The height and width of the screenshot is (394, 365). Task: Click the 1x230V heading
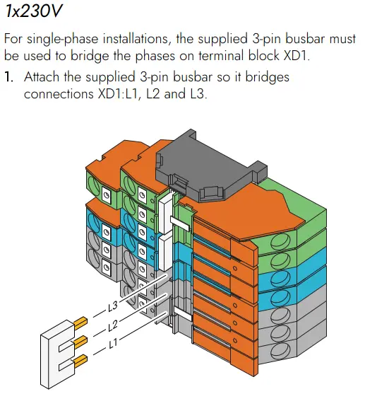pyautogui.click(x=34, y=11)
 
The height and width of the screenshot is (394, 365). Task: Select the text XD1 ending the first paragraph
pyautogui.click(x=295, y=56)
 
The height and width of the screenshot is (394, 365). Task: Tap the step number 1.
pyautogui.click(x=8, y=77)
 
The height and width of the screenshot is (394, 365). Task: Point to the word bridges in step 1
pyautogui.click(x=268, y=77)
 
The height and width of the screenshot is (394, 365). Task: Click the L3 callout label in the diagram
pyautogui.click(x=113, y=306)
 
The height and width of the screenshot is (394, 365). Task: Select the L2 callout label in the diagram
pyautogui.click(x=113, y=325)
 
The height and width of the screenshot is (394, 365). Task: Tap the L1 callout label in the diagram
pyautogui.click(x=114, y=344)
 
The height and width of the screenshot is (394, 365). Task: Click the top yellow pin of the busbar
pyautogui.click(x=80, y=323)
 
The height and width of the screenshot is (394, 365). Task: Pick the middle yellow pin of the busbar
pyautogui.click(x=80, y=341)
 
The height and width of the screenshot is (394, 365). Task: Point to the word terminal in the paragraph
pyautogui.click(x=221, y=56)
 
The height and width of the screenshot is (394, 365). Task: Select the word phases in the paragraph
pyautogui.click(x=155, y=57)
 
